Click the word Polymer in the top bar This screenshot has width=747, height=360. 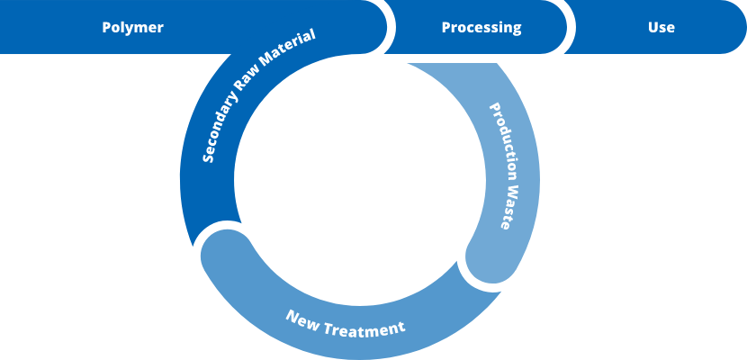(132, 27)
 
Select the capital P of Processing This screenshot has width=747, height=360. (445, 27)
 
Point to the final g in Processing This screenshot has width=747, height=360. (517, 29)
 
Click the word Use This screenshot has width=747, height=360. (661, 27)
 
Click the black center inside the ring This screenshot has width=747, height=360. (360, 180)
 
